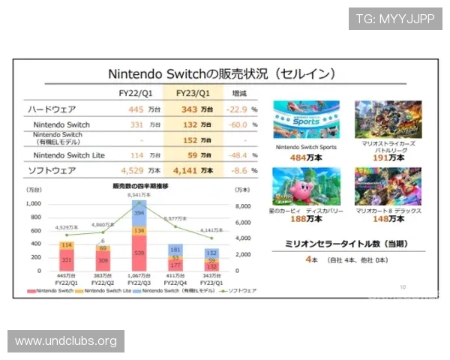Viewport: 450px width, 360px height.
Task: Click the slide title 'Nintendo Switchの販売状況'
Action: tap(221, 75)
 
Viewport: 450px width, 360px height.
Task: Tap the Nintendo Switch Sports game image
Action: tap(306, 119)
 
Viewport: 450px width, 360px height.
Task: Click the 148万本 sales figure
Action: tap(388, 220)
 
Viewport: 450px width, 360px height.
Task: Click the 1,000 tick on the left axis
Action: tap(33, 203)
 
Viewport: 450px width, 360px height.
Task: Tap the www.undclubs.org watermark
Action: tap(66, 341)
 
